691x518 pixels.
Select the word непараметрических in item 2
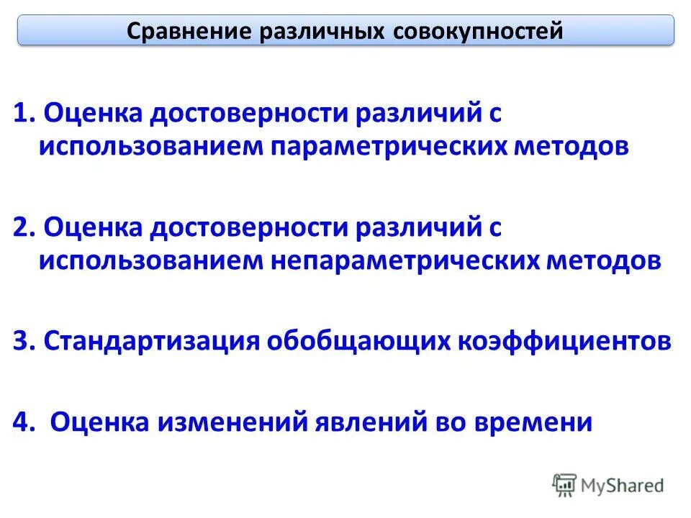pos(409,260)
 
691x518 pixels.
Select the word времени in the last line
pos(533,422)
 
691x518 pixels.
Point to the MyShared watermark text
pos(623,486)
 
